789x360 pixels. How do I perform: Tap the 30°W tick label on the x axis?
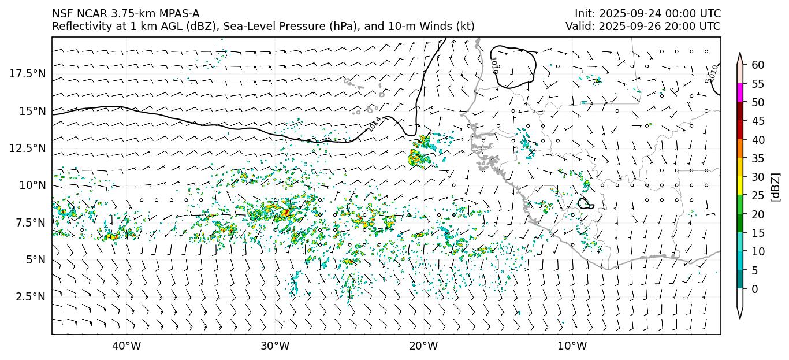click(x=275, y=346)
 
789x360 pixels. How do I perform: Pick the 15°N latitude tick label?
click(x=32, y=111)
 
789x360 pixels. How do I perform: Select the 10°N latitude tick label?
click(x=32, y=185)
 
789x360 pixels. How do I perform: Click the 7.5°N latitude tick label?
click(x=29, y=222)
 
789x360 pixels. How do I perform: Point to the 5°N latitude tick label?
click(x=34, y=259)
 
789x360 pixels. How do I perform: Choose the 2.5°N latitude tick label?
click(x=29, y=296)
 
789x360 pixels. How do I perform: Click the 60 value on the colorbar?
click(x=758, y=65)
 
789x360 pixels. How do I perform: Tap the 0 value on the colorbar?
click(x=755, y=289)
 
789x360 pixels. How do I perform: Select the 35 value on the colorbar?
click(x=758, y=158)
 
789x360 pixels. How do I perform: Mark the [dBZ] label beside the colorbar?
click(x=776, y=187)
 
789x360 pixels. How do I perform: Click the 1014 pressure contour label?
click(x=374, y=123)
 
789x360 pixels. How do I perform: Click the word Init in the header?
click(x=583, y=13)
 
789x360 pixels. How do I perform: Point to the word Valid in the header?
click(x=578, y=26)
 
